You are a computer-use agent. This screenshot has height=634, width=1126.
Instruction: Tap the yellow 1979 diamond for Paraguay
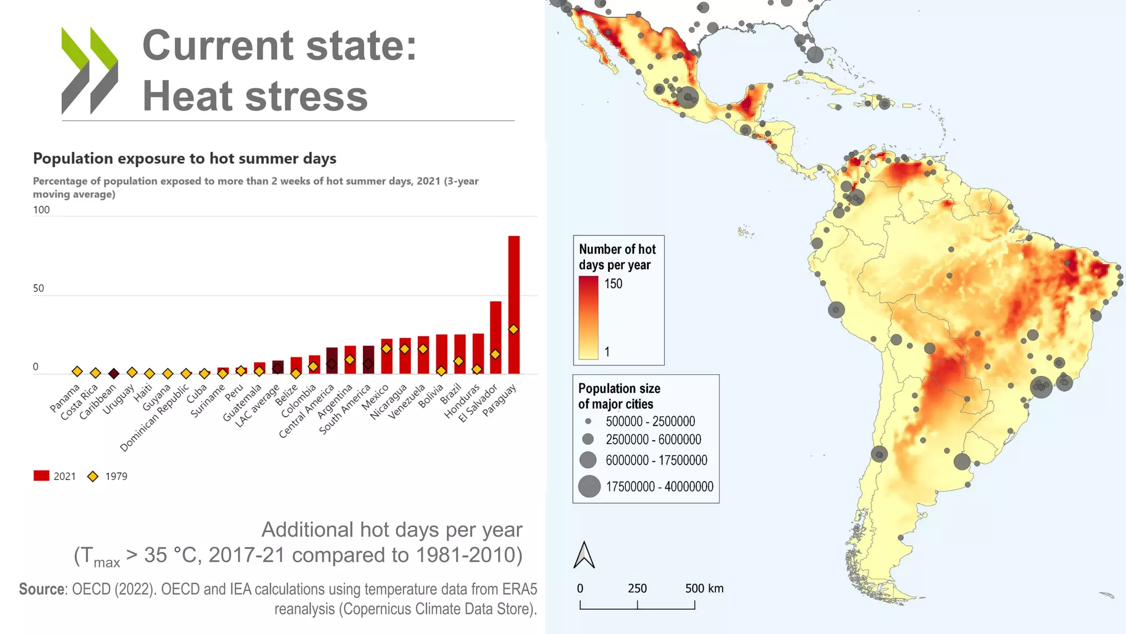coord(514,329)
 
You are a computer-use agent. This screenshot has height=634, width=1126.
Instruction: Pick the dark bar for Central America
coord(332,360)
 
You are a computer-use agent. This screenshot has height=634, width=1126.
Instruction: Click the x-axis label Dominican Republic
coord(154,418)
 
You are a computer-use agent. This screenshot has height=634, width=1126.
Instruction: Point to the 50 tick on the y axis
coord(38,288)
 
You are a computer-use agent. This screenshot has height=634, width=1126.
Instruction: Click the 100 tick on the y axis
coord(41,210)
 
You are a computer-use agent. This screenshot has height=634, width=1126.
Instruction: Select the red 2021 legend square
coord(41,476)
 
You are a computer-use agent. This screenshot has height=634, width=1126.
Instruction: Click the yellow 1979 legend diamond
coord(93,476)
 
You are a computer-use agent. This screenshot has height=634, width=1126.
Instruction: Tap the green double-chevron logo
coord(90,70)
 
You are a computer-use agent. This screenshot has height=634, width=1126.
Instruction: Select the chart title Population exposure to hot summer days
coord(185,158)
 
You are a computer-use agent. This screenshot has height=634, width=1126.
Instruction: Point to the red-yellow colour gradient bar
coord(588,318)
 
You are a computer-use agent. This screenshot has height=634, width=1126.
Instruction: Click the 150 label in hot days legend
coord(613,284)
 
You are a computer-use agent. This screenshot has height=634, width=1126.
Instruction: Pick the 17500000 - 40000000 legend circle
coord(589,487)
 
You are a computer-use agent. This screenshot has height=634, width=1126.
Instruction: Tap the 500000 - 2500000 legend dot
coord(588,422)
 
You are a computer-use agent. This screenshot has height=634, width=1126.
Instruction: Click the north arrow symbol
coord(584,555)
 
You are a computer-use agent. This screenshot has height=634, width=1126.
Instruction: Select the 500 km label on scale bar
coord(704,588)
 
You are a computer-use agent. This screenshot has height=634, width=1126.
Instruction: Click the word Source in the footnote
coord(42,589)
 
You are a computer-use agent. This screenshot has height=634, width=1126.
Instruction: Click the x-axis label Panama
coord(65,398)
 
